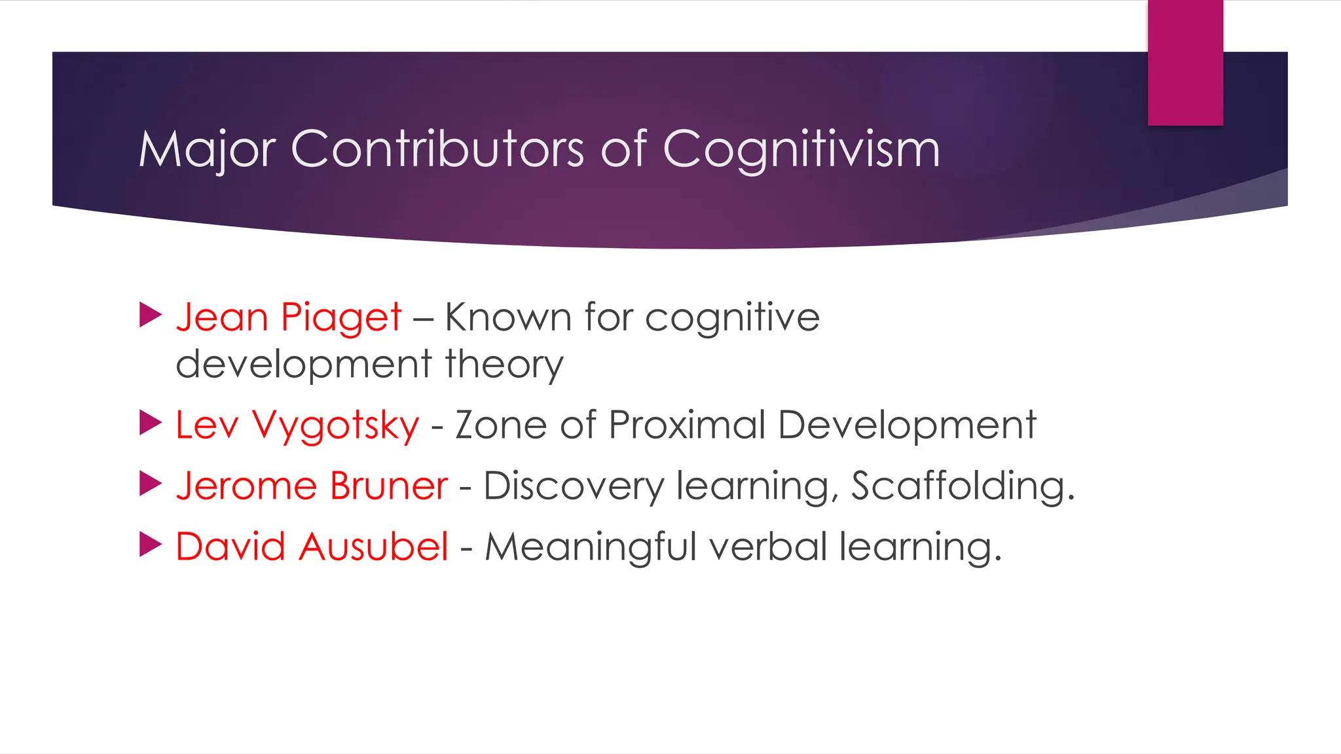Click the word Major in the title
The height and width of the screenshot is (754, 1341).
206,151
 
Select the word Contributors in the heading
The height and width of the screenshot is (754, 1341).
437,149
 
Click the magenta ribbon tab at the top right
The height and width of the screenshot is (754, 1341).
1185,63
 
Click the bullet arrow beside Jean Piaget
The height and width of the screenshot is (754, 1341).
151,315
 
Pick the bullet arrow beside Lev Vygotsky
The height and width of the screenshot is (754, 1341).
151,423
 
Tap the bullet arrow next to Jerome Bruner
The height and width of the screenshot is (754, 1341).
151,484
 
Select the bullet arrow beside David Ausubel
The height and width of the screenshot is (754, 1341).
151,545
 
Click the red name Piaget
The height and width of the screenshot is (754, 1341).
340,318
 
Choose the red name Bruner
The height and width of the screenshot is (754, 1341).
388,486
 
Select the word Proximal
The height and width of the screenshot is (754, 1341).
687,425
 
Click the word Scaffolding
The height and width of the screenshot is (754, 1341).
963,486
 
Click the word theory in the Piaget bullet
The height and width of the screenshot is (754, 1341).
504,365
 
